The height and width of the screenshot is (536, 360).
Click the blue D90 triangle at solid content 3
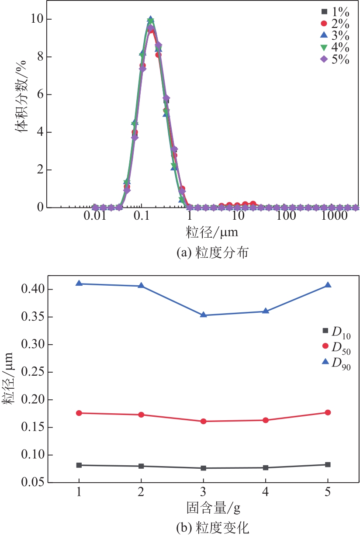[x=203, y=315]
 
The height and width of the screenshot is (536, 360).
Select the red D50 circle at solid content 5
[x=328, y=412]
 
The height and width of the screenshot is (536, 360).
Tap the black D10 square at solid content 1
[x=79, y=465]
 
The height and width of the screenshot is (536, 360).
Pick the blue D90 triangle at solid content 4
[x=265, y=311]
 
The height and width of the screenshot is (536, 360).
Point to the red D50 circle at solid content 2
[x=141, y=415]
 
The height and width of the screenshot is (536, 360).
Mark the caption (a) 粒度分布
[x=204, y=252]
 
